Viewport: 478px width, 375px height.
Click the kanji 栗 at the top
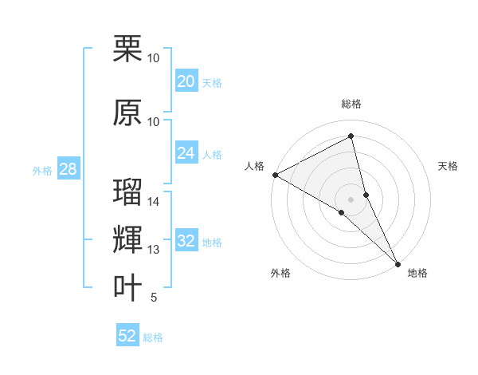128,49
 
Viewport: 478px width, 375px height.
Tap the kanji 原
128,112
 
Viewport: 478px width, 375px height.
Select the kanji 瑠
128,193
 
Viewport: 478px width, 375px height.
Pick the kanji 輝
128,240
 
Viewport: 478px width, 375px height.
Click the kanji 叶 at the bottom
128,288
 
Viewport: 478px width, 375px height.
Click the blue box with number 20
186,81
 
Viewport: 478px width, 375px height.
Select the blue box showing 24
186,153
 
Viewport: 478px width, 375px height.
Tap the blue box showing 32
186,241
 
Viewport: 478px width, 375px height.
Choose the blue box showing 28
68,169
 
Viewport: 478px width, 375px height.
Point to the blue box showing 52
127,336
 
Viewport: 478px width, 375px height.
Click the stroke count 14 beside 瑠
154,202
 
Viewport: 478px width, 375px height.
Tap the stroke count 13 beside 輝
154,250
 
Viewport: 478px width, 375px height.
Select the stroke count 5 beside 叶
154,298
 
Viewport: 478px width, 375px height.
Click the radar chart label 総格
351,104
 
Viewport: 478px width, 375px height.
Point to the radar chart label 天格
449,166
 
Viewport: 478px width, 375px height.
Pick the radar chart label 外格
280,274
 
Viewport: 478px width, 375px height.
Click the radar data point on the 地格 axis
398,262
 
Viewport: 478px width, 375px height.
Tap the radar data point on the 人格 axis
275,174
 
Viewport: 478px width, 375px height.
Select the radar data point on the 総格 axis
351,136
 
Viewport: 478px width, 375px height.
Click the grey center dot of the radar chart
351,199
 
